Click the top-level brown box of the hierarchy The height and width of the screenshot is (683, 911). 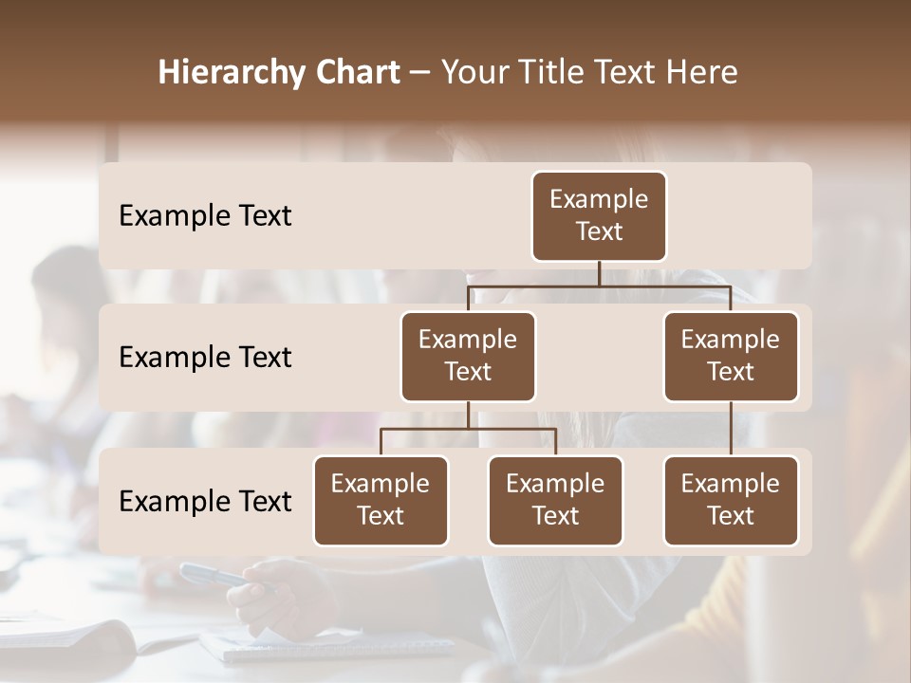pyautogui.click(x=599, y=215)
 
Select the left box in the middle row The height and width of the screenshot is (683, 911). pyautogui.click(x=468, y=356)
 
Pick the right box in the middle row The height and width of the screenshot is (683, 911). pyautogui.click(x=731, y=356)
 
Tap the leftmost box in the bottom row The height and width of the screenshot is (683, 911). pyautogui.click(x=381, y=500)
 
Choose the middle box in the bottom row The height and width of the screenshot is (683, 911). pyautogui.click(x=555, y=500)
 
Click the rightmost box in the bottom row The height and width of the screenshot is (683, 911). pyautogui.click(x=731, y=500)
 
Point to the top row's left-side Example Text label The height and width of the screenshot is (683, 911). pyautogui.click(x=205, y=216)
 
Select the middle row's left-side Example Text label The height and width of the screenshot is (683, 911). pyautogui.click(x=205, y=358)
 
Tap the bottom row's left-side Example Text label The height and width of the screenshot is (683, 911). pyautogui.click(x=205, y=501)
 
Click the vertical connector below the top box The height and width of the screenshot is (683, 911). pyautogui.click(x=599, y=273)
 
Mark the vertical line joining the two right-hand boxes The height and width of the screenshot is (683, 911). pyautogui.click(x=731, y=429)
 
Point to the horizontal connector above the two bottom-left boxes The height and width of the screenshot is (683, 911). pyautogui.click(x=468, y=429)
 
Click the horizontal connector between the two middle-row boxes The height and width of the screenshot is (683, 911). pyautogui.click(x=599, y=286)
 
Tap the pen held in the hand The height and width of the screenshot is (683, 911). pyautogui.click(x=214, y=576)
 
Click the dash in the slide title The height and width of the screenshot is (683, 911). pyautogui.click(x=419, y=74)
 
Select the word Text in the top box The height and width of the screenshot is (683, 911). pyautogui.click(x=599, y=231)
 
